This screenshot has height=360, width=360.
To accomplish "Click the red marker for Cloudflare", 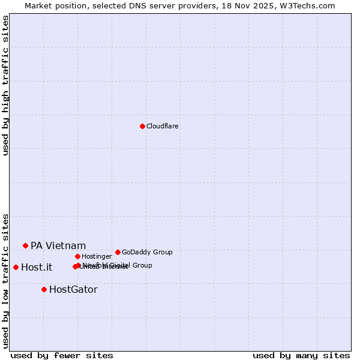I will tap(142, 126).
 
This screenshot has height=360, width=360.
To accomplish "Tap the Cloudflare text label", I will tap(163, 127).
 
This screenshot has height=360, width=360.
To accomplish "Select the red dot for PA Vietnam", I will tap(25, 245).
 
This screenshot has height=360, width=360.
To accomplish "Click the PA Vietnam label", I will tap(58, 246).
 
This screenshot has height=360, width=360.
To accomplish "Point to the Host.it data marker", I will tap(16, 267).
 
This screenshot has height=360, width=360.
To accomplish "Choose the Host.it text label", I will tap(37, 268).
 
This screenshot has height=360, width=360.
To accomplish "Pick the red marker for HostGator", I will tap(44, 289).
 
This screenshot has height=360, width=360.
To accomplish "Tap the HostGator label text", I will tap(73, 290).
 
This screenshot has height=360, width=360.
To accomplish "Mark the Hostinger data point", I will tap(77, 256).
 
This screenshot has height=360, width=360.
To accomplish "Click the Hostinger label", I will tap(97, 257).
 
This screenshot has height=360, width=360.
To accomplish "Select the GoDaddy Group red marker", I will tap(118, 252).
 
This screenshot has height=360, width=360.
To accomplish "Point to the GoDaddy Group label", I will tap(147, 253).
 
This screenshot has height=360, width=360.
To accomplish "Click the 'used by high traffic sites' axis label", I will tap(6, 85).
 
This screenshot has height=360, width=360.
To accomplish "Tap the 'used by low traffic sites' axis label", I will tap(6, 280).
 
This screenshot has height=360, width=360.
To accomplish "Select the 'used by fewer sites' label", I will tap(62, 355).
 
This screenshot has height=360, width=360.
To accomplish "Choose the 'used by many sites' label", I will tap(301, 355).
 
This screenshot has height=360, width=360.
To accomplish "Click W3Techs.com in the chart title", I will tap(309, 5).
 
